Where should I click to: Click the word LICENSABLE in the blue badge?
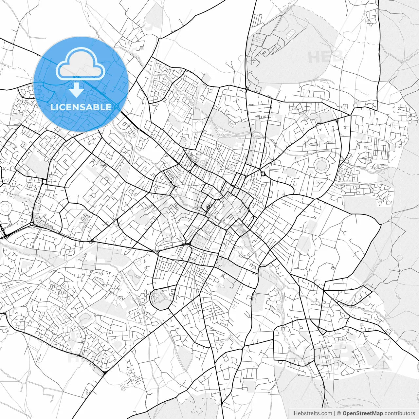click(81, 107)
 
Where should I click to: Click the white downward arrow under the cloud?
click(77, 90)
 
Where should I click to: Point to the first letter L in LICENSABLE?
click(53, 107)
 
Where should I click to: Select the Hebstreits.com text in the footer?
click(313, 413)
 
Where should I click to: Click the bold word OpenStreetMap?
click(362, 413)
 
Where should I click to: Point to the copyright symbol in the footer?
click(339, 413)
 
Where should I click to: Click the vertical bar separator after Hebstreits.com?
click(335, 413)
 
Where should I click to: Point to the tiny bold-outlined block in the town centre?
click(208, 207)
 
